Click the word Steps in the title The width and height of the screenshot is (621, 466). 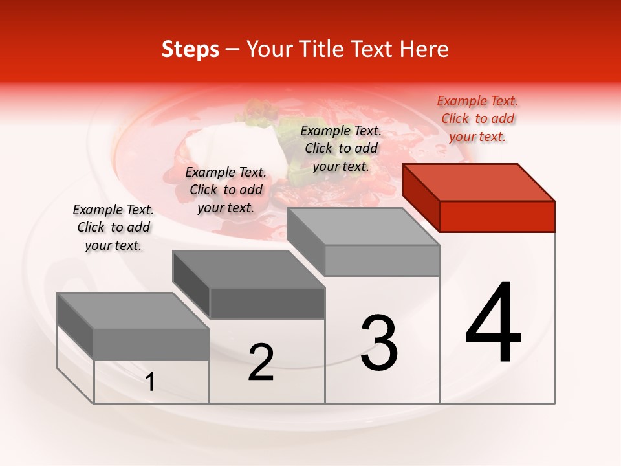pos(190,49)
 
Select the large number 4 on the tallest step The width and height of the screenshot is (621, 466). pos(493,324)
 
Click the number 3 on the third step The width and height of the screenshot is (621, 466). pos(379,343)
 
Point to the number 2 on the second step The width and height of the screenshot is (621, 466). pos(261,362)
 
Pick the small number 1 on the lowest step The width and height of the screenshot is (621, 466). pos(150,383)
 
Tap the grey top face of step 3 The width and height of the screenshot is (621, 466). pos(363,227)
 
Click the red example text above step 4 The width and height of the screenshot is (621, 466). pos(477,118)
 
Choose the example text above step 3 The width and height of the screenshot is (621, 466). pos(341,148)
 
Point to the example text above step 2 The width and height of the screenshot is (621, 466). pos(226,190)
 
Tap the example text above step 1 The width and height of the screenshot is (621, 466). pos(113,227)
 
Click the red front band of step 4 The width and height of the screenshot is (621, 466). pos(497,216)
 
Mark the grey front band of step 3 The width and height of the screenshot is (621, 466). pos(382,260)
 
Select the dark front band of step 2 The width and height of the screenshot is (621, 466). pos(267,303)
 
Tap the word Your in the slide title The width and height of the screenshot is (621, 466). pos(270,49)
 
